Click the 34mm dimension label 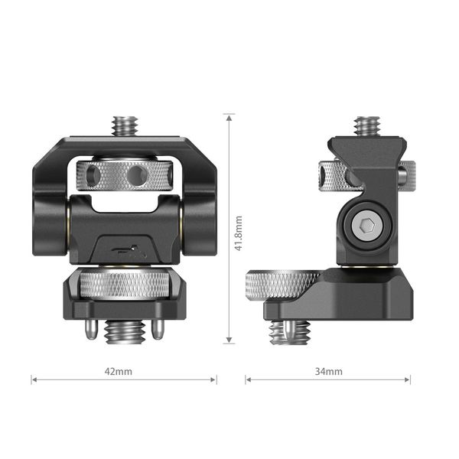328,371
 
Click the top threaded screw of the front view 123,125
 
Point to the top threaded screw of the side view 367,125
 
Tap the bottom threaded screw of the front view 123,332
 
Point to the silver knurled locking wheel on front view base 123,287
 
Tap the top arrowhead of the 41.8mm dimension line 229,117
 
